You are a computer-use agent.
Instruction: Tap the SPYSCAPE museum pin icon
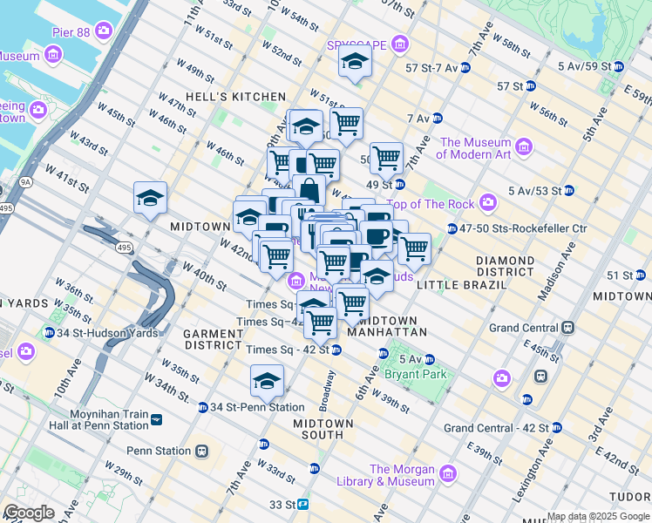tap(399, 44)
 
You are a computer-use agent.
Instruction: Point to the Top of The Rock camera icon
tap(487, 203)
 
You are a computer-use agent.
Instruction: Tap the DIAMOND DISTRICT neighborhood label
tap(505, 266)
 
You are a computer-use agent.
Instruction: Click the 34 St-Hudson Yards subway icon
tap(50, 333)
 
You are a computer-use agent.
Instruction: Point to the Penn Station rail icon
tap(202, 451)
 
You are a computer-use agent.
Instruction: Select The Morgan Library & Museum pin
tap(448, 474)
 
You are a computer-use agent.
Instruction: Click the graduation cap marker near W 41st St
tap(151, 198)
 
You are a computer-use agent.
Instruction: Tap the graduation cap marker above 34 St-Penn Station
tap(267, 381)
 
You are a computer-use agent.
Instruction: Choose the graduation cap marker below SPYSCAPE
tap(355, 62)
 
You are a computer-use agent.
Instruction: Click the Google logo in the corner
tap(29, 513)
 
